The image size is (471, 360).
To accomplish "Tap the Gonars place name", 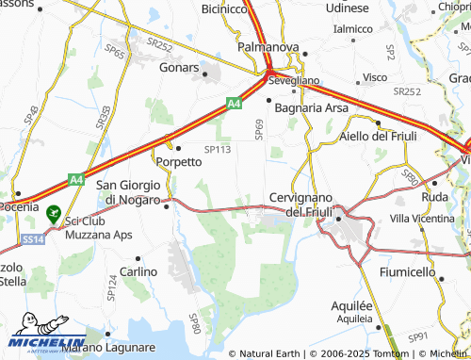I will [179, 70].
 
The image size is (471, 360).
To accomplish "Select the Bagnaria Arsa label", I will [311, 108].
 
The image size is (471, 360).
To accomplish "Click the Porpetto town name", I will [179, 161].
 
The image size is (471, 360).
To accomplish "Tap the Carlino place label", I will [138, 271].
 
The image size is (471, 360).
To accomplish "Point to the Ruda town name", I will [435, 197].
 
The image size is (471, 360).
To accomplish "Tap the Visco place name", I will [375, 76].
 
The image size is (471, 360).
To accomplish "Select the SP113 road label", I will [218, 148].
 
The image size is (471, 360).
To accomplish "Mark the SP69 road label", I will [260, 128].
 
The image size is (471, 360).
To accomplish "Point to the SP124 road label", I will [112, 287].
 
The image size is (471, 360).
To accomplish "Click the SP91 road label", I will [419, 336].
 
